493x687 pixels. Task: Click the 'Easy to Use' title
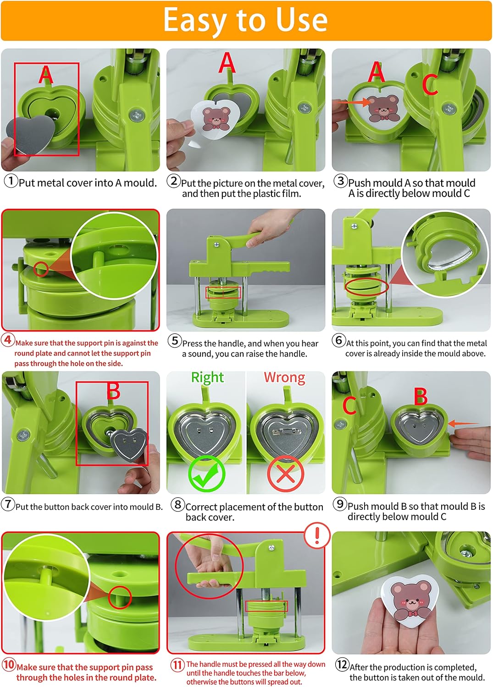click(x=246, y=20)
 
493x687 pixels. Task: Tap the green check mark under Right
click(x=206, y=474)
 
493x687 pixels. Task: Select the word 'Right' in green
click(x=207, y=377)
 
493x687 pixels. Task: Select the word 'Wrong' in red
click(x=284, y=377)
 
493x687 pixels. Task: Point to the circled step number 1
click(x=11, y=180)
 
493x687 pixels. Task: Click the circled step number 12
click(x=342, y=664)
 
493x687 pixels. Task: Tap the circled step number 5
click(x=174, y=341)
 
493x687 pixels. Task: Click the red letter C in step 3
click(x=430, y=85)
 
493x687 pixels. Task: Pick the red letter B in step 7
click(x=113, y=392)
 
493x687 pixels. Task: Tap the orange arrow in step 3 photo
click(x=353, y=103)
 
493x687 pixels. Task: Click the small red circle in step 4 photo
click(x=41, y=269)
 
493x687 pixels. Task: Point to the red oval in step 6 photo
click(x=366, y=287)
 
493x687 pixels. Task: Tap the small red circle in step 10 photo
click(x=120, y=597)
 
